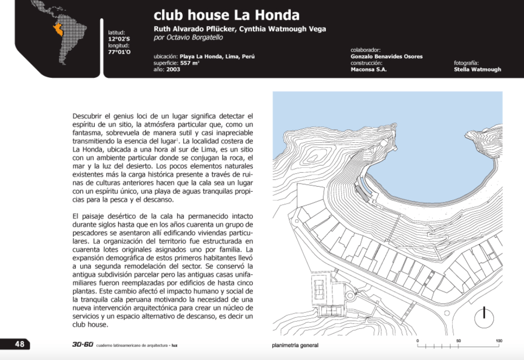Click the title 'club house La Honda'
(226, 15)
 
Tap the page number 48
(19, 344)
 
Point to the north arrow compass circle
(484, 319)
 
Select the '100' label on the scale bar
(499, 341)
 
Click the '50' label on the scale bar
(458, 341)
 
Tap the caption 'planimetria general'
(295, 345)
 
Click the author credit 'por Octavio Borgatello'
(188, 37)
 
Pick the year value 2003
(173, 70)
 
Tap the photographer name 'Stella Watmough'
(477, 70)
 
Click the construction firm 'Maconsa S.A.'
(368, 70)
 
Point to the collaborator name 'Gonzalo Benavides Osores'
(386, 56)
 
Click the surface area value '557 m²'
(189, 63)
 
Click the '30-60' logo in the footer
(82, 344)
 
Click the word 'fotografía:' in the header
(466, 63)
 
